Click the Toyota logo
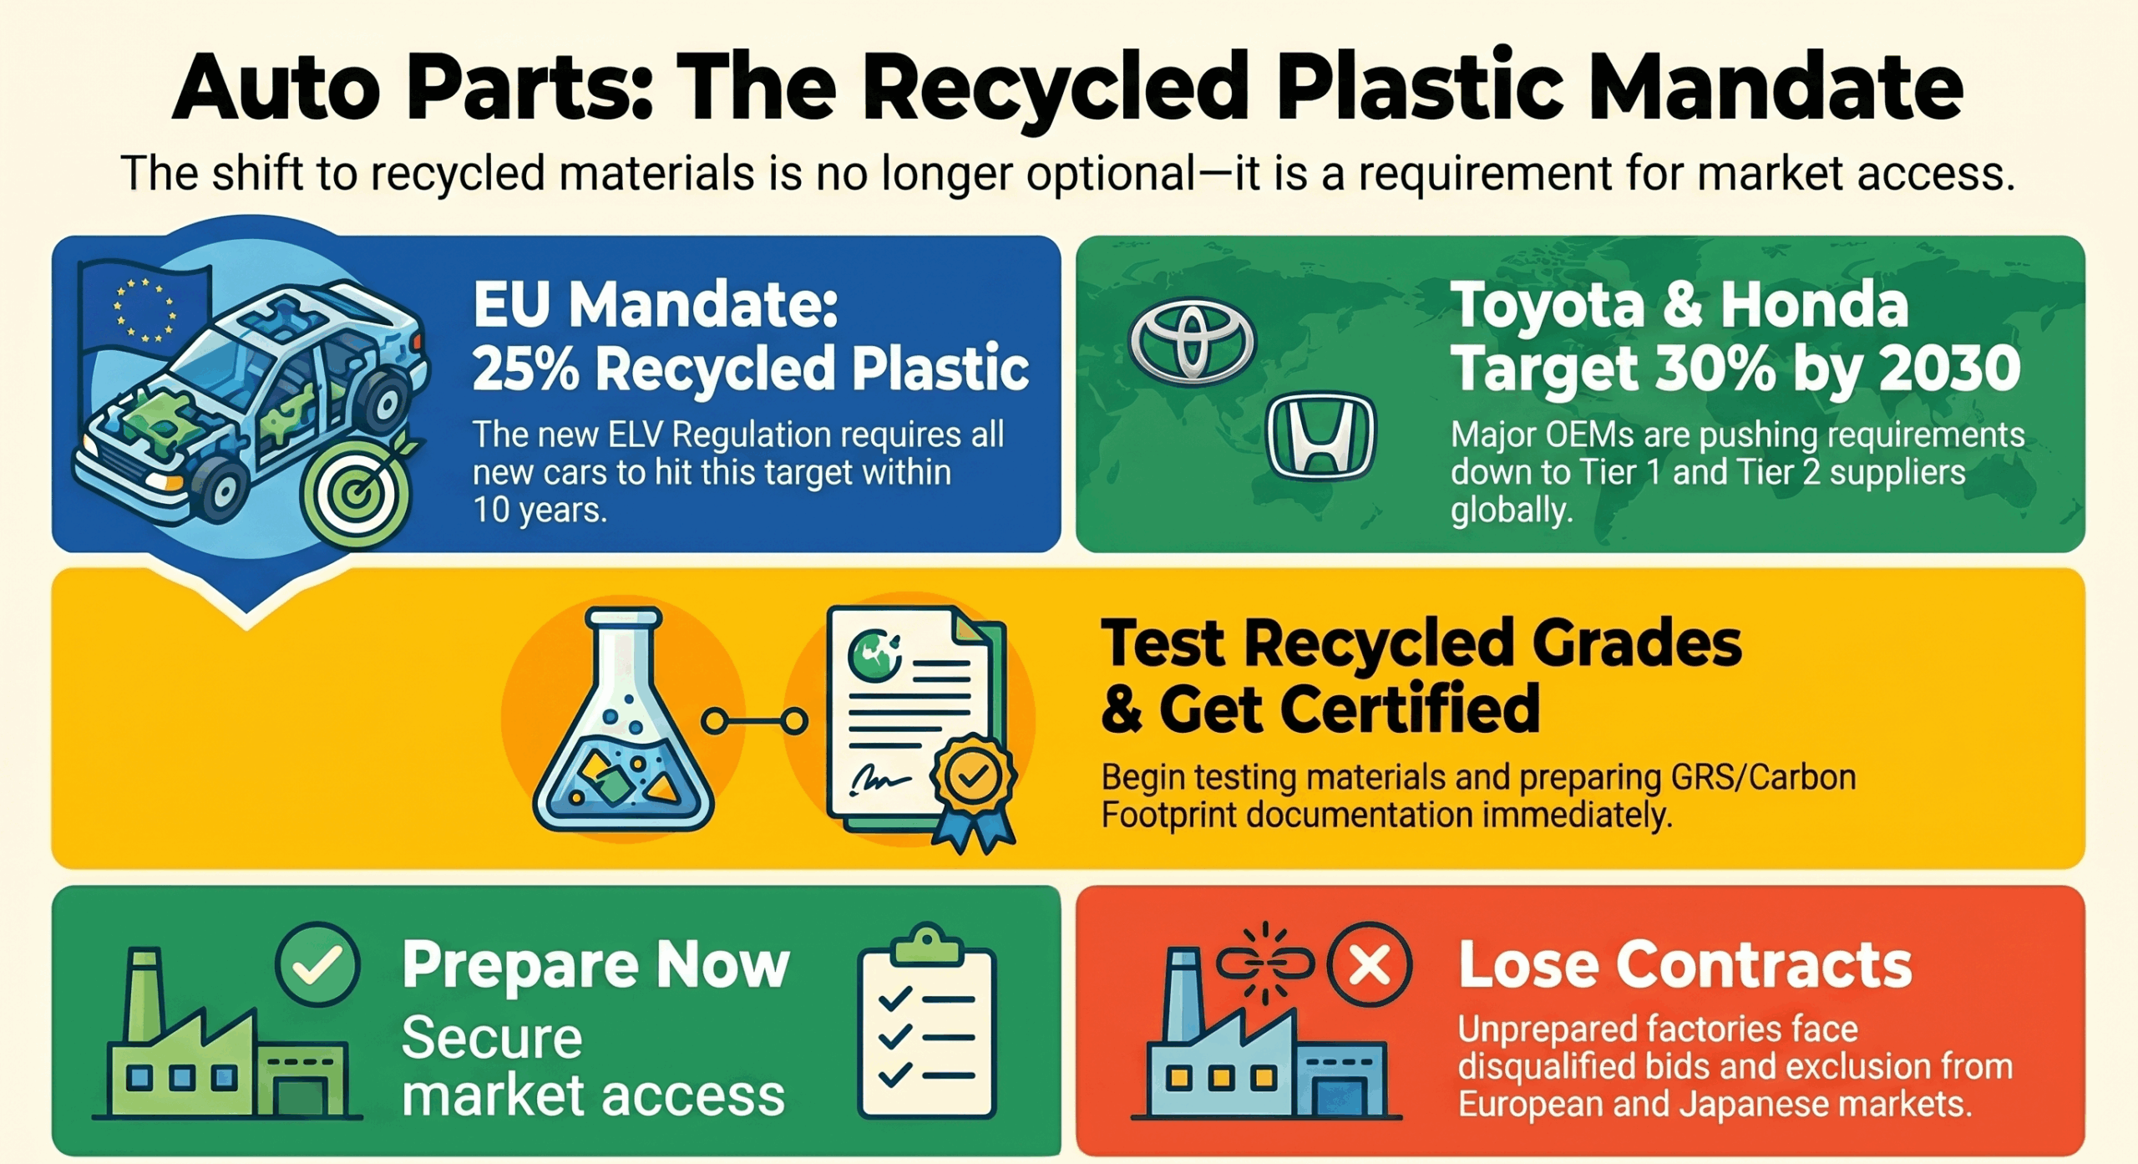[x=1192, y=342]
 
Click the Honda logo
[x=1320, y=436]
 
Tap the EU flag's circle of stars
[x=144, y=310]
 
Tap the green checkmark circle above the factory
[x=317, y=964]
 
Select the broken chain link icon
[x=1264, y=963]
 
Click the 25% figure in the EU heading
[x=525, y=369]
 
